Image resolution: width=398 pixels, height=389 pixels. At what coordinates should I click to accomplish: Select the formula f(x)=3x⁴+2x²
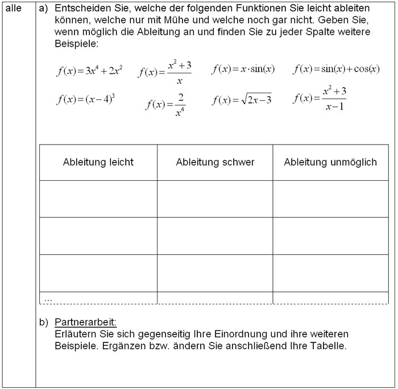pos(89,71)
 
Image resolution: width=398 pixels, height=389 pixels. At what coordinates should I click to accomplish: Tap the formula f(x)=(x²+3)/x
pos(165,72)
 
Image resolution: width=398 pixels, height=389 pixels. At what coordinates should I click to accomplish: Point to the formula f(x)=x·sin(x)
pos(243,69)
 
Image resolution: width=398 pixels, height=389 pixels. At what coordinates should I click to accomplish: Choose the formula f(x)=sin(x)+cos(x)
pos(336,69)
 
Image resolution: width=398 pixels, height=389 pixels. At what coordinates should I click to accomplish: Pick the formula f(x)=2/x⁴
pos(165,104)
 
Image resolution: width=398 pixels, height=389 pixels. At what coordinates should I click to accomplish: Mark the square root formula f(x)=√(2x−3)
pos(242,100)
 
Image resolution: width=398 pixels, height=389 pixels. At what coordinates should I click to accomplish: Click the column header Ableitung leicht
pos(98,162)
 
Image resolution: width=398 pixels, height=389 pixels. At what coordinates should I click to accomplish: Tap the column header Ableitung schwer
pos(215,162)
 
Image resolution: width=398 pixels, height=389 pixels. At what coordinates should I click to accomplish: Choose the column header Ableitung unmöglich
pos(330,162)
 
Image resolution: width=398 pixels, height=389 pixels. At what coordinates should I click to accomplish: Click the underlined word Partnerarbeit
pos(85,322)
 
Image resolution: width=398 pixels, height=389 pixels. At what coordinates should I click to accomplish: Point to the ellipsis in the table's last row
pos(48,298)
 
